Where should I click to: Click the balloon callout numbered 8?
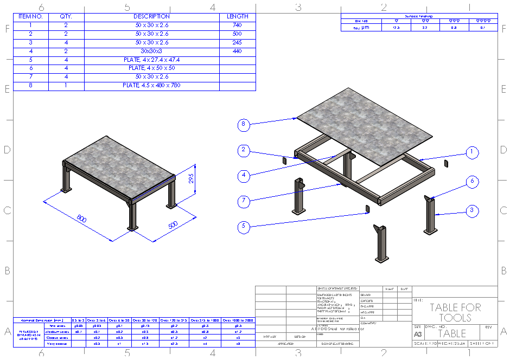tap(244, 125)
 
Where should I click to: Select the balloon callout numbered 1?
tap(473, 153)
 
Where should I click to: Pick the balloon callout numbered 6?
tap(473, 182)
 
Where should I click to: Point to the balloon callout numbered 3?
tap(473, 210)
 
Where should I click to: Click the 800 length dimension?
tap(82, 219)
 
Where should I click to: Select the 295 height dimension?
tap(190, 178)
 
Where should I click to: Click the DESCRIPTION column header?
tap(151, 16)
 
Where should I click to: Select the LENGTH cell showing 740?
tap(237, 25)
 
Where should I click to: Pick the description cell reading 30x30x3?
tap(151, 51)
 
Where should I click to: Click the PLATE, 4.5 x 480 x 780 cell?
tap(151, 86)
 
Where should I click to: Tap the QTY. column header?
tap(66, 16)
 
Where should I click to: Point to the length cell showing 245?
tap(237, 42)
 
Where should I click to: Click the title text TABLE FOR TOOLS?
tap(455, 312)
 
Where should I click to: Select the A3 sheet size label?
tap(417, 335)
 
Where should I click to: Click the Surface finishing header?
tap(419, 16)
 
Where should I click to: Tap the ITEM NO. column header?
tap(30, 16)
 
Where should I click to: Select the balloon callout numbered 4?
tap(244, 175)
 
